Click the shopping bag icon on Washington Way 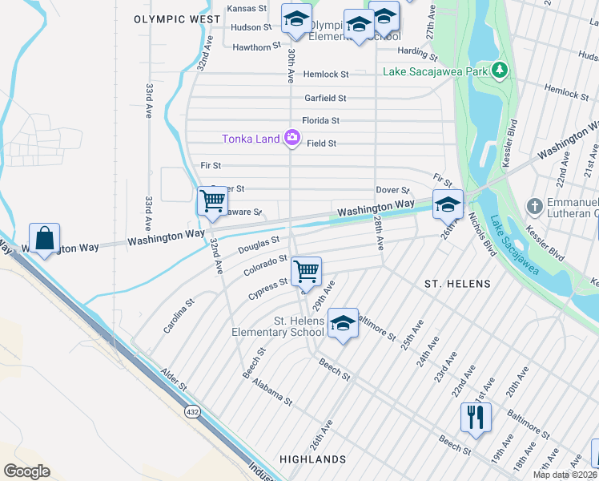point(45,238)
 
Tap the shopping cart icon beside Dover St point(212,201)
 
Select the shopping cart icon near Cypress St point(306,272)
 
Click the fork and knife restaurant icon point(475,417)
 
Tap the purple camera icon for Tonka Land point(292,138)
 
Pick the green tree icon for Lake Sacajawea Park point(501,71)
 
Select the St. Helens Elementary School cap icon point(343,324)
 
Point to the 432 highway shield point(192,411)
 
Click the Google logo point(27,471)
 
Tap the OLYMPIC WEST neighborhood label point(177,18)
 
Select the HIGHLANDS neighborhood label point(313,459)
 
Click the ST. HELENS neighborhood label point(457,284)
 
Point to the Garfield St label point(325,98)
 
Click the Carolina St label point(180,316)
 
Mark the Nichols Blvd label point(481,239)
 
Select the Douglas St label point(258,245)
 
